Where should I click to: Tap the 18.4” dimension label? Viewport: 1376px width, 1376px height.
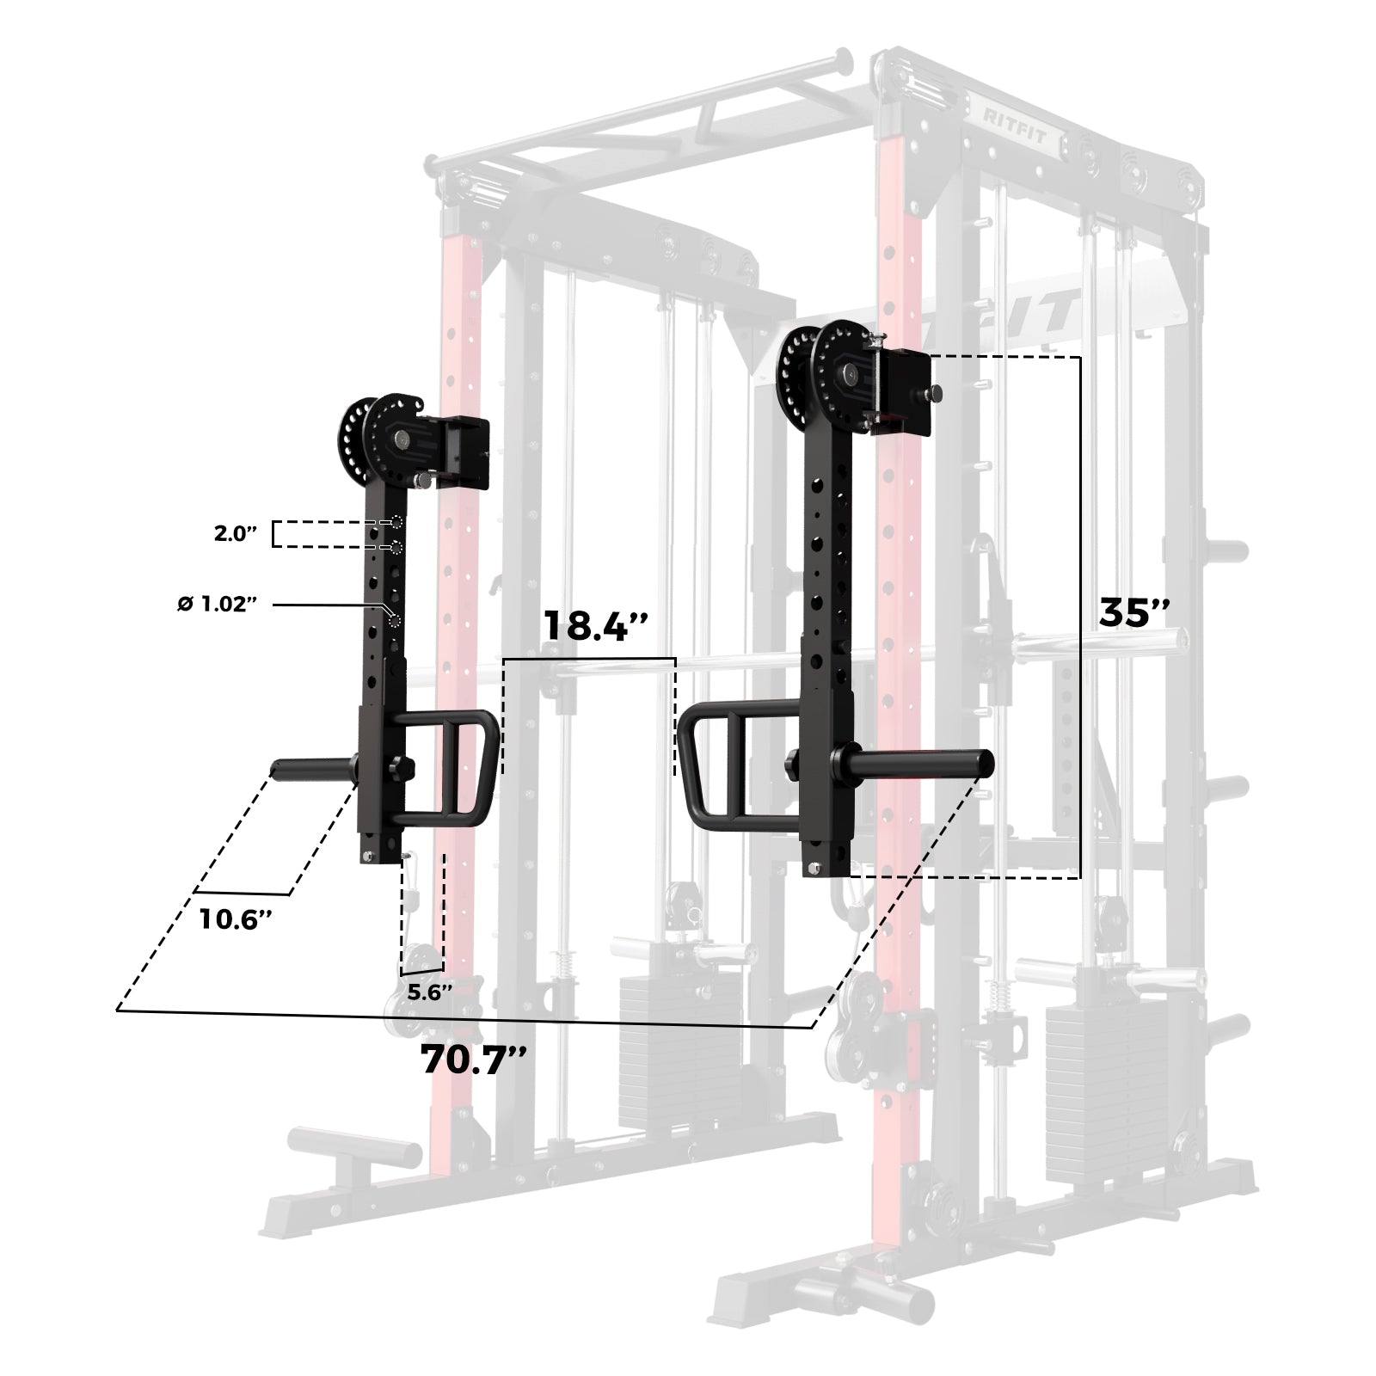[594, 625]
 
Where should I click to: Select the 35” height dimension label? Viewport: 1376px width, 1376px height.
[1134, 612]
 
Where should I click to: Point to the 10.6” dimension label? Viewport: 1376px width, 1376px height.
[236, 918]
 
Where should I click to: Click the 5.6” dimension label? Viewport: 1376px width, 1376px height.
[429, 992]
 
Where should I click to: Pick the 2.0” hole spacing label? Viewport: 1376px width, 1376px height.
[236, 533]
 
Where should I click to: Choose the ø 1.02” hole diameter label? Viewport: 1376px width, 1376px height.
[218, 605]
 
